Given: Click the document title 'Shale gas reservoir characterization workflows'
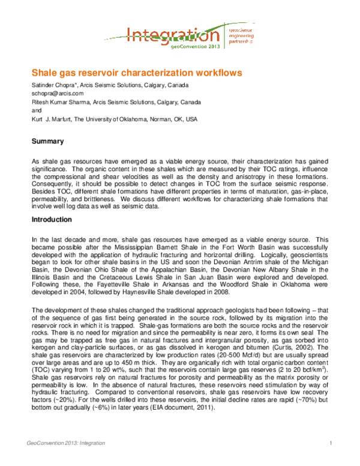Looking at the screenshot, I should pyautogui.click(x=136, y=73).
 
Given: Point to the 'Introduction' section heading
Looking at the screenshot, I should pyautogui.click(x=52, y=220).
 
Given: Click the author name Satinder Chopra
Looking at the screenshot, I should pyautogui.click(x=53, y=85).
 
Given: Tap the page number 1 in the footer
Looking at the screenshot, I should pyautogui.click(x=331, y=443).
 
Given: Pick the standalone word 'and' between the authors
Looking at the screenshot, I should pyautogui.click(x=35, y=111).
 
